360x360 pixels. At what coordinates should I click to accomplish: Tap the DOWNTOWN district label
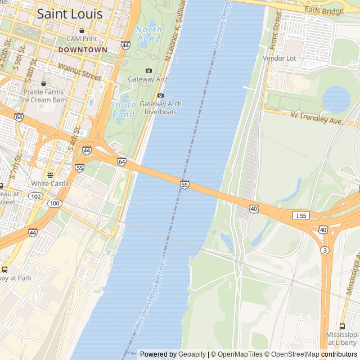pos(82,49)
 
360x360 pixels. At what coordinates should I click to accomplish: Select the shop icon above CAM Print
pos(82,30)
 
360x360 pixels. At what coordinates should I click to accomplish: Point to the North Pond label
pos(148,34)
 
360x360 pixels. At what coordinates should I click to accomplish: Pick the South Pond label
pos(123,109)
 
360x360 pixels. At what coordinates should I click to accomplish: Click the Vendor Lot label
pos(279,58)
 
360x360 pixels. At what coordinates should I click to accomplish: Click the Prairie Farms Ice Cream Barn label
pos(43,96)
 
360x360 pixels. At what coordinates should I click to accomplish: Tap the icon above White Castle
pos(50,175)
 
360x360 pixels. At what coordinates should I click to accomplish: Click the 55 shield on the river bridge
pos(184,184)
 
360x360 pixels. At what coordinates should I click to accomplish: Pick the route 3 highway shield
pos(325,250)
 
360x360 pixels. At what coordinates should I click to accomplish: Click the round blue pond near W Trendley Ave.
pos(336,100)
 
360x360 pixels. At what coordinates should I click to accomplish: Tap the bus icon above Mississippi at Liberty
pos(342,326)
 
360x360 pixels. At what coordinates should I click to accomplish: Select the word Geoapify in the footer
pos(192,354)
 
